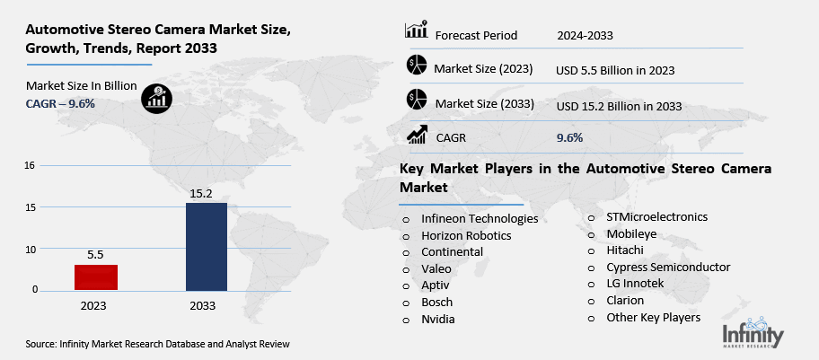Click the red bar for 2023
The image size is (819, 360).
[x=95, y=277]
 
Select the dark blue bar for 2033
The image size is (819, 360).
[x=206, y=247]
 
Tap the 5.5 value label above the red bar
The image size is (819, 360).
[x=95, y=255]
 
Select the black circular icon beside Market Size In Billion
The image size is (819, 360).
[x=156, y=96]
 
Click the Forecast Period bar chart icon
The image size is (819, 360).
[x=417, y=31]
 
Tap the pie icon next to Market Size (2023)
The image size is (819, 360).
[x=417, y=65]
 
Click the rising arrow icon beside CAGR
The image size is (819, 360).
[x=417, y=136]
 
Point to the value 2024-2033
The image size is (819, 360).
[x=586, y=35]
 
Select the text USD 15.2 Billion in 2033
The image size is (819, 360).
[x=619, y=106]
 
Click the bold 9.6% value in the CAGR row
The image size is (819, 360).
[x=569, y=137]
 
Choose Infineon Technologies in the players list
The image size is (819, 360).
[x=480, y=218]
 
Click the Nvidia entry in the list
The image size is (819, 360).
[x=438, y=319]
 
